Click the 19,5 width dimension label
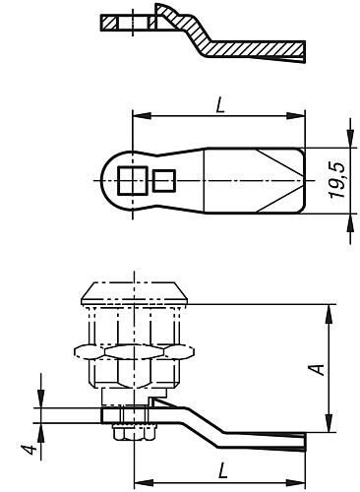tap(337, 180)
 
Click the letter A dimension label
tap(318, 369)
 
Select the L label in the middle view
tap(220, 106)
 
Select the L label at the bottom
tap(223, 470)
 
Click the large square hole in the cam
tap(132, 180)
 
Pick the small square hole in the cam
tap(164, 180)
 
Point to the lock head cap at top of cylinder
tap(135, 293)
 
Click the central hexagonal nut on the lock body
tap(135, 351)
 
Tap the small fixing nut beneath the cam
tap(135, 432)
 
